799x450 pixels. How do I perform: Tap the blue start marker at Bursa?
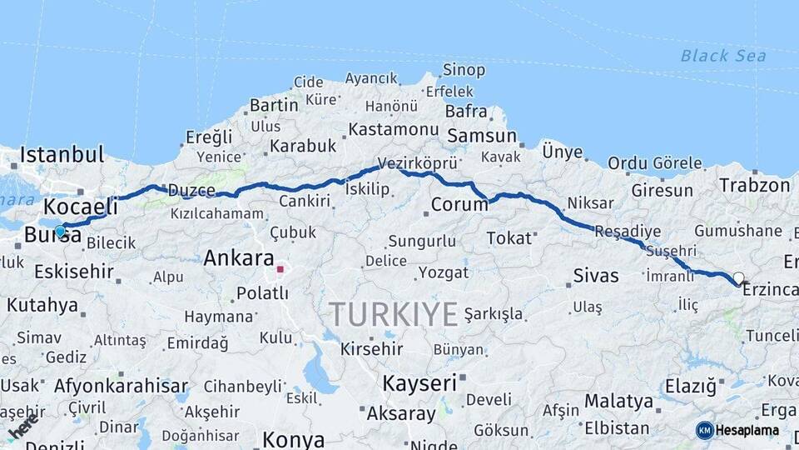pos(60,231)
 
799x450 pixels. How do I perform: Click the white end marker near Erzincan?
pos(738,278)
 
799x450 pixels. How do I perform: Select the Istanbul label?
pos(62,155)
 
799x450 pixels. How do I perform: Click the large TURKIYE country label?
pos(393,314)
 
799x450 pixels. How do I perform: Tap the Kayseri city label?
pos(419,383)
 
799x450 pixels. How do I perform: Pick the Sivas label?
pos(596,275)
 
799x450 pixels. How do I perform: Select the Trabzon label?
pos(754,185)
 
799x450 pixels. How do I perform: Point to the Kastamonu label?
pos(393,129)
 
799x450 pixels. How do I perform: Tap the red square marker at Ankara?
pos(280,269)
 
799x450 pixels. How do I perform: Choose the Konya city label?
pos(293,439)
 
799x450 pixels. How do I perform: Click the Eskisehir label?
pos(74,271)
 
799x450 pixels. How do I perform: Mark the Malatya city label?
pos(618,401)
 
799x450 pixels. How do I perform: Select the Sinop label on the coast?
pos(464,70)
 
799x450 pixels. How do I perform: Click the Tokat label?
pos(509,238)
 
